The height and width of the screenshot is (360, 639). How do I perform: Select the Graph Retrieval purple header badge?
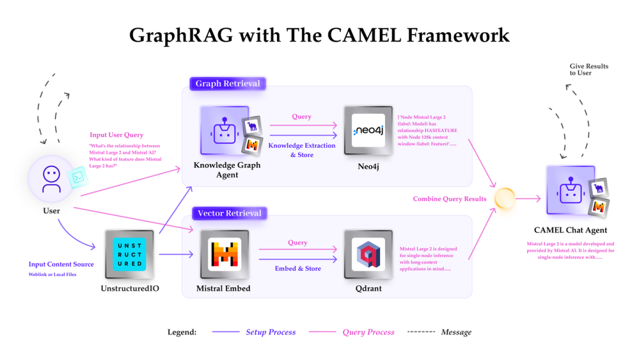[x=227, y=83]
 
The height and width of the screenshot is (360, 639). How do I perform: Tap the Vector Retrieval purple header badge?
[x=229, y=213]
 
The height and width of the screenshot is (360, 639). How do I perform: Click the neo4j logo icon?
[x=368, y=130]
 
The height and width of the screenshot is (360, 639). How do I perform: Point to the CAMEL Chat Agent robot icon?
[x=570, y=190]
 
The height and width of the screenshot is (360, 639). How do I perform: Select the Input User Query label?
[x=117, y=135]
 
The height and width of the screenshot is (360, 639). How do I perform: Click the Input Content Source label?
[x=61, y=264]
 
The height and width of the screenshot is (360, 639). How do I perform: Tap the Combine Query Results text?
[x=450, y=199]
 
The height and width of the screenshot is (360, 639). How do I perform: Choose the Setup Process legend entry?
[x=270, y=332]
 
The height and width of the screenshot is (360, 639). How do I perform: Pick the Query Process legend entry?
[x=368, y=332]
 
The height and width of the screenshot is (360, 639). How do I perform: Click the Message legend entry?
[x=456, y=332]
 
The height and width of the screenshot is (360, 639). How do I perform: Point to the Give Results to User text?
[x=589, y=69]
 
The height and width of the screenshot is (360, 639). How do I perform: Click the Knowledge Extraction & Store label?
[x=302, y=150]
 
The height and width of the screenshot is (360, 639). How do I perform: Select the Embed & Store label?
[x=298, y=268]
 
